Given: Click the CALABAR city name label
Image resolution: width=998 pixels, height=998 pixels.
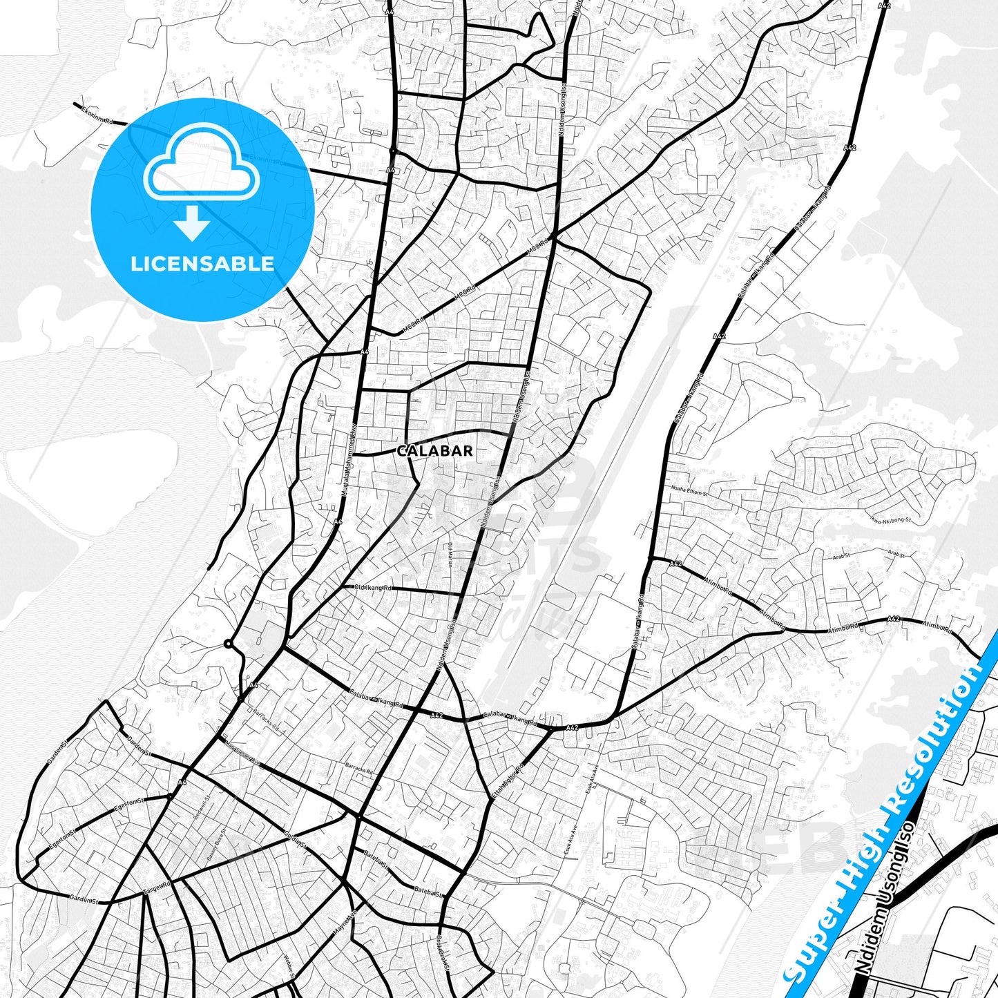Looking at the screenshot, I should (435, 451).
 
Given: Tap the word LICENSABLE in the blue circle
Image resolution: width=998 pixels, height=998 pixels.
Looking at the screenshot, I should (202, 264).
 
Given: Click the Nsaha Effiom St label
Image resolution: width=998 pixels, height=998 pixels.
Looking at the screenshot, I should (689, 491).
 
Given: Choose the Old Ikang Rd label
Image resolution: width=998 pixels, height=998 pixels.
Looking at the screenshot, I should (373, 588).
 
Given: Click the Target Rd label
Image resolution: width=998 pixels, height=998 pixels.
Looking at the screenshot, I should (157, 888).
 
